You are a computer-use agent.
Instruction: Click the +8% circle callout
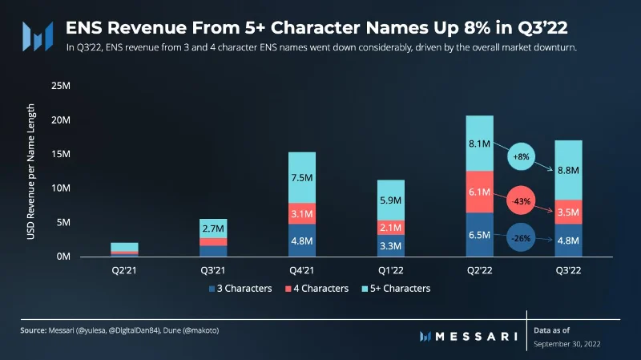[x=522, y=156]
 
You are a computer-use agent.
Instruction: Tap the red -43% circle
[x=521, y=201]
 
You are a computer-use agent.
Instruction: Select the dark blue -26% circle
[x=521, y=237]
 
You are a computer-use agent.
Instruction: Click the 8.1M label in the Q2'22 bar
[x=479, y=144]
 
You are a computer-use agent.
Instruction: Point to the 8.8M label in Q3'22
[x=568, y=170]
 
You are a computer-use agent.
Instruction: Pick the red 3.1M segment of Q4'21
[x=302, y=213]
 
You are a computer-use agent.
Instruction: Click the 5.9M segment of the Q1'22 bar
[x=391, y=200]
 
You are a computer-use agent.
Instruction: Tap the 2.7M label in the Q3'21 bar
[x=213, y=229]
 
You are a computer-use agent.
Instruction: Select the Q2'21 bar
[x=125, y=249]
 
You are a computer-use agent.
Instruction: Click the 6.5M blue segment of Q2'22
[x=479, y=235]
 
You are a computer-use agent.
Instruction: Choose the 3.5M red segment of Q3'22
[x=568, y=212]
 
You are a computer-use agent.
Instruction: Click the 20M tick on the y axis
[x=61, y=119]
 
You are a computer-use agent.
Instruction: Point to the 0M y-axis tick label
[x=63, y=257]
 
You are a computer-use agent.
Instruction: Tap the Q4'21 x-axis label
[x=302, y=270]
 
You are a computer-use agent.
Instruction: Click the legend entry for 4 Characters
[x=316, y=289]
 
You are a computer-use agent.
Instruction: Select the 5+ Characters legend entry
[x=396, y=289]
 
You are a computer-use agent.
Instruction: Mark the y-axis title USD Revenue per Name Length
[x=30, y=172]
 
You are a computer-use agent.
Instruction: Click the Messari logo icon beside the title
[x=38, y=36]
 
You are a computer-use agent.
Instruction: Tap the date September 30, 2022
[x=567, y=344]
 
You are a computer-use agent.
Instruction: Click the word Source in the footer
[x=33, y=330]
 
